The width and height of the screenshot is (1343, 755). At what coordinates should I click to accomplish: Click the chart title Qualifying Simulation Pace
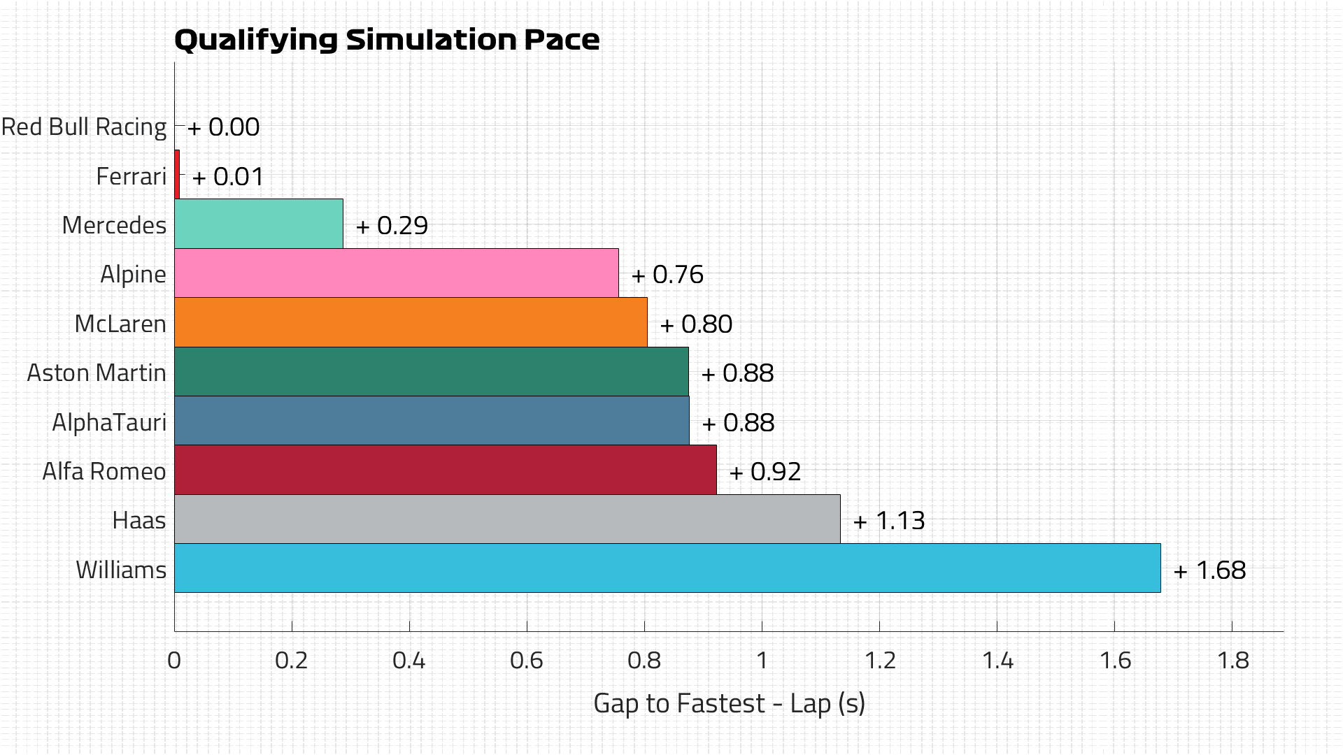[x=386, y=40]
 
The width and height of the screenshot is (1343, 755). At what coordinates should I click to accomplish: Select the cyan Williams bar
[x=667, y=568]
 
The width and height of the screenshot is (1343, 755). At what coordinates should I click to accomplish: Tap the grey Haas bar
[x=506, y=519]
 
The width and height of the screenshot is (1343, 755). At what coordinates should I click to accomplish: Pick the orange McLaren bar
[x=411, y=322]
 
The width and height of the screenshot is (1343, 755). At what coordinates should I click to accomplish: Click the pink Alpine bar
[x=396, y=273]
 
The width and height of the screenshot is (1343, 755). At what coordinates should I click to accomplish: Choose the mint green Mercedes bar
[x=258, y=224]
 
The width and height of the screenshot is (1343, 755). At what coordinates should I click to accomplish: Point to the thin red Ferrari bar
[x=177, y=175]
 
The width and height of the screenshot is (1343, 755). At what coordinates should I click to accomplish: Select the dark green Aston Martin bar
[x=431, y=372]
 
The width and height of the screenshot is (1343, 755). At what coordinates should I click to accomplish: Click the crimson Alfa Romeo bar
[x=445, y=470]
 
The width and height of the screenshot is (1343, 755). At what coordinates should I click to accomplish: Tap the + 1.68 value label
[x=1209, y=570]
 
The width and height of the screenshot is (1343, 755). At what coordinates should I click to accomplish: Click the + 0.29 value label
[x=392, y=226]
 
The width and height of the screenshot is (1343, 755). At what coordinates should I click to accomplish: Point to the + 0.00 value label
[x=224, y=127]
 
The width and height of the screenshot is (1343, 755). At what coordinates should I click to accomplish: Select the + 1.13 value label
[x=889, y=521]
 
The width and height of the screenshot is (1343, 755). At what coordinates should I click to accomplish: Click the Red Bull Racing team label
[x=84, y=127]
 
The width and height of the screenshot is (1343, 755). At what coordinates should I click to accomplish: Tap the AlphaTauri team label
[x=109, y=422]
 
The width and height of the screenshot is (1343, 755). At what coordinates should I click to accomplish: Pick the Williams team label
[x=121, y=570]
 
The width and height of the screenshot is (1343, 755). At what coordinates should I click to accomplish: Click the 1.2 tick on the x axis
[x=879, y=661]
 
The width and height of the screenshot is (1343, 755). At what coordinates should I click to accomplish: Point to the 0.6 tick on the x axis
[x=526, y=661]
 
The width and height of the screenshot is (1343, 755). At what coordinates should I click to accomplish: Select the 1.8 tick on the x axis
[x=1232, y=661]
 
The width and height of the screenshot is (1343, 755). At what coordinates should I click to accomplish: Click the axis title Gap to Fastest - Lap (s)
[x=729, y=703]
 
